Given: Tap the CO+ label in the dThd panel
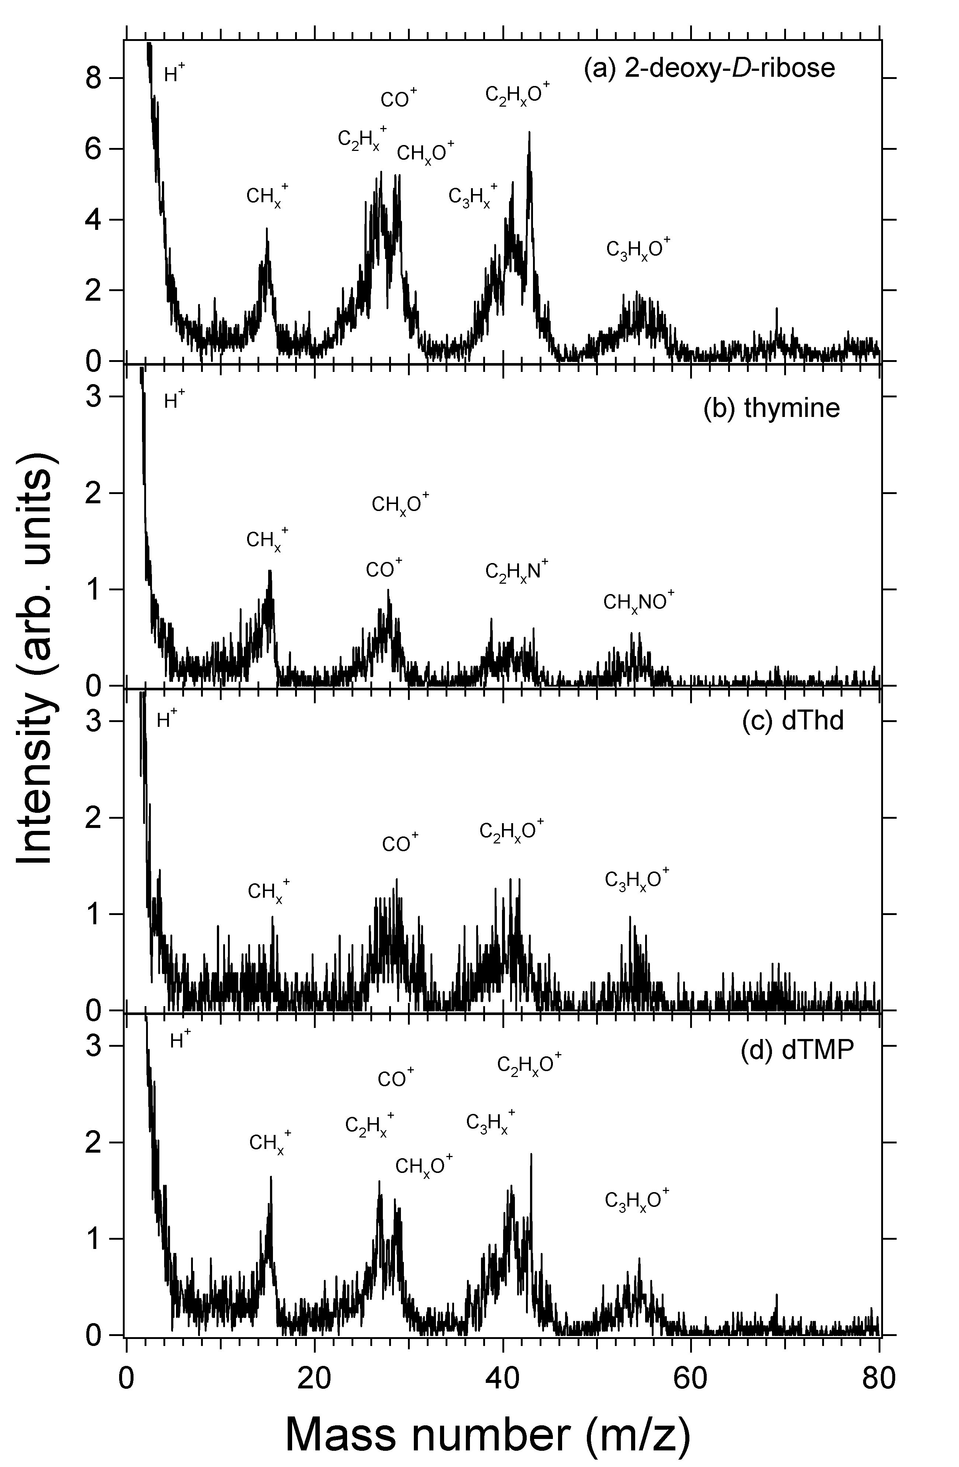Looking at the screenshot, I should pos(400,843).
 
